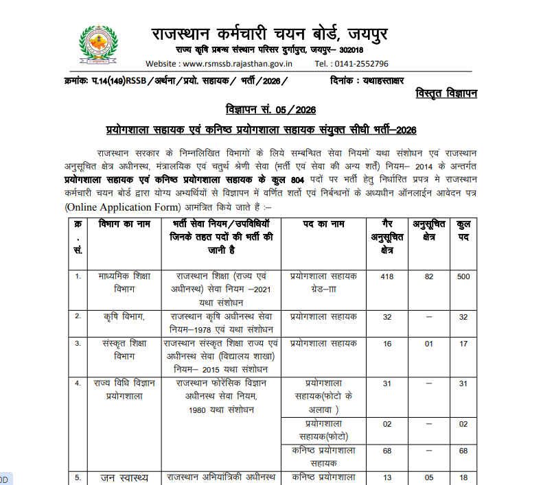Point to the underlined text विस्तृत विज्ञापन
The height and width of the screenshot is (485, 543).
(446, 94)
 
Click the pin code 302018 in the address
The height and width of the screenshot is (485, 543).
(349, 51)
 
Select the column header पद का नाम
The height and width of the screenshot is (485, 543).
(323, 224)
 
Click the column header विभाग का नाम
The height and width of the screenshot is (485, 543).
(124, 224)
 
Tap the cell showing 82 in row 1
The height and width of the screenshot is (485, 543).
(430, 276)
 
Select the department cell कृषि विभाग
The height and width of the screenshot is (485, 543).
(124, 317)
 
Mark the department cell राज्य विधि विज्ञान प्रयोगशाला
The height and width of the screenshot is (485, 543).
(124, 389)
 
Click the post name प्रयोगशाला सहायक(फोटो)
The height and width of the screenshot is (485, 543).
(323, 430)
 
